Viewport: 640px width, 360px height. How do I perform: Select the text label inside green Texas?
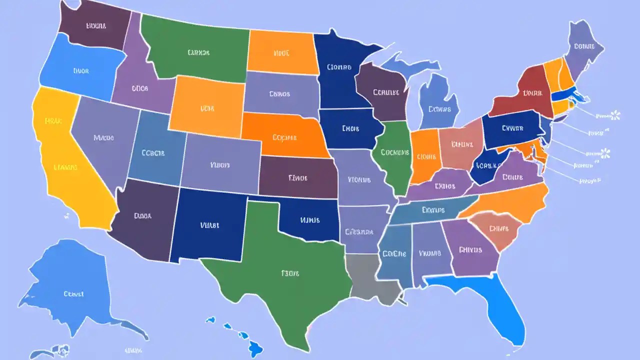tap(290, 273)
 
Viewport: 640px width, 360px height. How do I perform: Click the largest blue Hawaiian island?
tap(255, 346)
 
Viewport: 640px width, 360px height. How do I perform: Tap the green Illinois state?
tap(395, 155)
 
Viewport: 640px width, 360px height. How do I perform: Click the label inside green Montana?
tap(199, 52)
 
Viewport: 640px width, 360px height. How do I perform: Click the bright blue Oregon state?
tap(80, 70)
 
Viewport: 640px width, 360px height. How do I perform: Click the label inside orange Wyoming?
tap(207, 108)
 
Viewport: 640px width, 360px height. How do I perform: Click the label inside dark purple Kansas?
tap(298, 177)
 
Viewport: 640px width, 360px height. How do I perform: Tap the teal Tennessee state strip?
tap(430, 210)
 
